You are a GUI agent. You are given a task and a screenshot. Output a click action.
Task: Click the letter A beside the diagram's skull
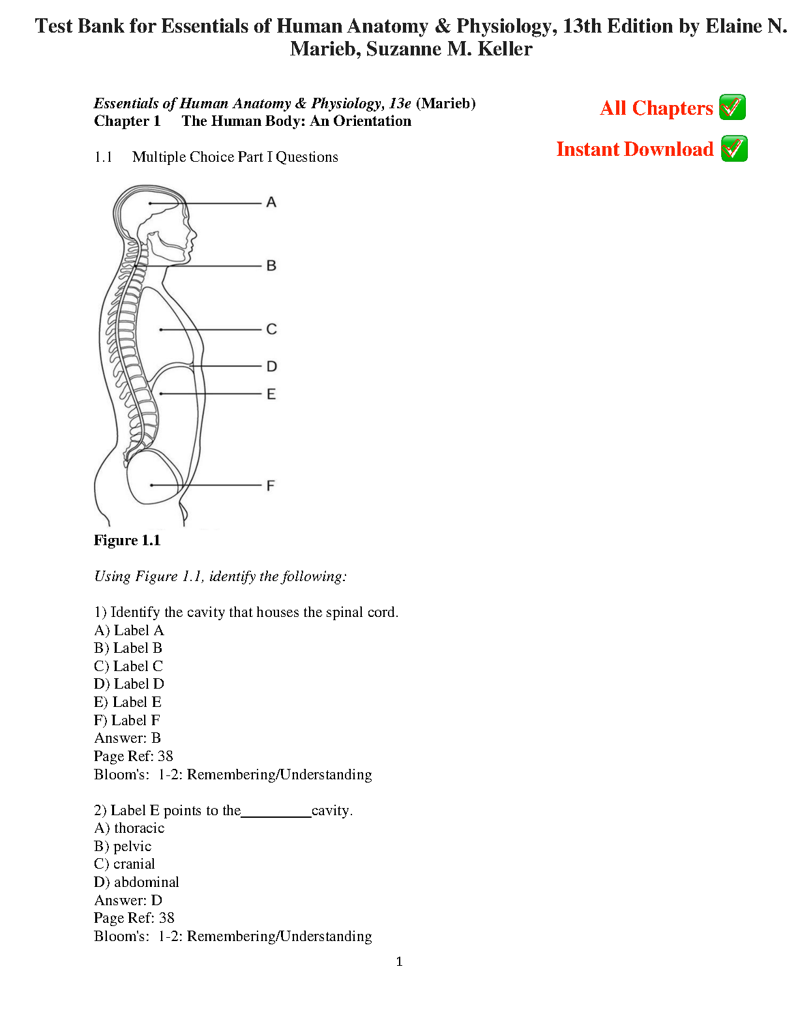pos(271,203)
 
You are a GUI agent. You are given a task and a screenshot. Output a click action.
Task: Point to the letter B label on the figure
pos(271,266)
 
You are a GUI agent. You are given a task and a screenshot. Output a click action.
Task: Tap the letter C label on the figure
pos(271,329)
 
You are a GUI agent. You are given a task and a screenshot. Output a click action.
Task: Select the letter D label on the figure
pos(272,367)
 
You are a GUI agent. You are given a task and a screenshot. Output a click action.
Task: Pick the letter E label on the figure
pos(271,394)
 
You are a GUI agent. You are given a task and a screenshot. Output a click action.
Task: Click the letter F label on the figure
pos(271,485)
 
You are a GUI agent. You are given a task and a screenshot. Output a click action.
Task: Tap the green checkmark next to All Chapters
pos(732,108)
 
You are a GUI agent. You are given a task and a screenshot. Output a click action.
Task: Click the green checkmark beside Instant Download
pos(734,149)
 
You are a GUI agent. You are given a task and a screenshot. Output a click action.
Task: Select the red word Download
pos(668,149)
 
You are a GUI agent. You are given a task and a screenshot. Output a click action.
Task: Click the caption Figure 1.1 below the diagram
pos(127,540)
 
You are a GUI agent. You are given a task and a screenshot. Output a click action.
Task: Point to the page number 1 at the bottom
pos(399,961)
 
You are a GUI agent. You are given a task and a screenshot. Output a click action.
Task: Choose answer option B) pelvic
pos(123,846)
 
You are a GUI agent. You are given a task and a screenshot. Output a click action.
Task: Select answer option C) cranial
pos(125,864)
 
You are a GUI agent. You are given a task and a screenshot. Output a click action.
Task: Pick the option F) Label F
pos(127,720)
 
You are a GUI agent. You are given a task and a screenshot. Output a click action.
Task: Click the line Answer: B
pos(127,738)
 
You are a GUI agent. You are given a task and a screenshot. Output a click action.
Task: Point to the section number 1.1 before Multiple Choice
pos(103,157)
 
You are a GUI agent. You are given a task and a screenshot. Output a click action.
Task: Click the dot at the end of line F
pos(151,485)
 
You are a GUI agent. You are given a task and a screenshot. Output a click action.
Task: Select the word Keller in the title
pos(505,49)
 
